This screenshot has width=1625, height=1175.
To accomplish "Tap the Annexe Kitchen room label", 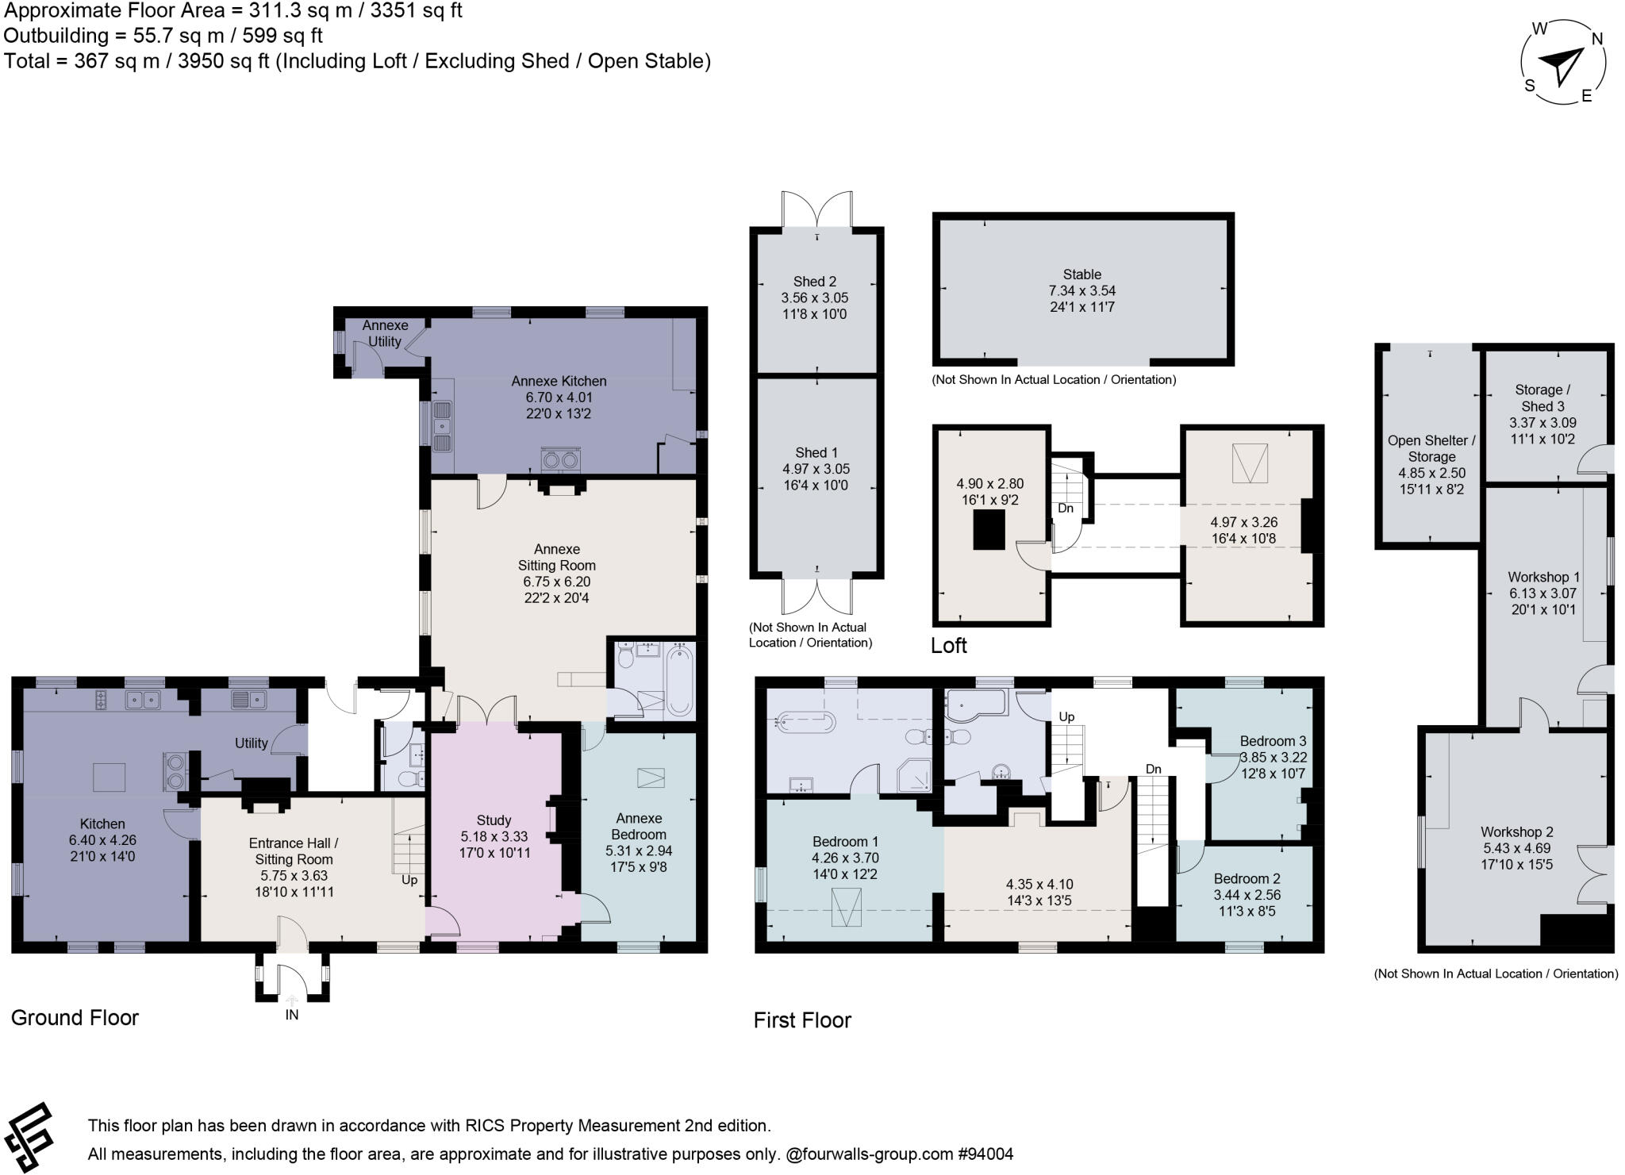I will (559, 381).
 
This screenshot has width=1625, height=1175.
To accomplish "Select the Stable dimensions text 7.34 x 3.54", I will (1082, 290).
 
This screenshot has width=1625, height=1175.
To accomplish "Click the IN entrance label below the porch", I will (292, 1015).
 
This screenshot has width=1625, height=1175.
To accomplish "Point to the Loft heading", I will (949, 645).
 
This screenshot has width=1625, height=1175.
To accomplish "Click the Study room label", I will (494, 820).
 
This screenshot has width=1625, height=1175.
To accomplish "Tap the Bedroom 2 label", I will (1247, 878).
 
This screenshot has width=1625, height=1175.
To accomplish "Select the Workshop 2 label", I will (1516, 831).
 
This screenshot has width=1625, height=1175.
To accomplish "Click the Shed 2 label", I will (815, 281).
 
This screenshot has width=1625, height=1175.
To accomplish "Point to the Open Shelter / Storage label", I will (1431, 448).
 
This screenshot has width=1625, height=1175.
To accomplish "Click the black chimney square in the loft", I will (989, 530).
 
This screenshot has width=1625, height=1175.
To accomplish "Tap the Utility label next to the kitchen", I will (251, 743).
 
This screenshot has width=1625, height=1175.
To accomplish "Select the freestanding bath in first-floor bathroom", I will (806, 721).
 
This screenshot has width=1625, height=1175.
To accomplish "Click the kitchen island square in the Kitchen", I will (109, 777).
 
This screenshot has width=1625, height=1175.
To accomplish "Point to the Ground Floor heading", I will (75, 1017).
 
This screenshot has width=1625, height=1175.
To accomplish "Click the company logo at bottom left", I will (29, 1137).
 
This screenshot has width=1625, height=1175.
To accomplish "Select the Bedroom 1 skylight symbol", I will (846, 908).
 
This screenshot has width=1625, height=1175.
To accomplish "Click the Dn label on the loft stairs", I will (1065, 508).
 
